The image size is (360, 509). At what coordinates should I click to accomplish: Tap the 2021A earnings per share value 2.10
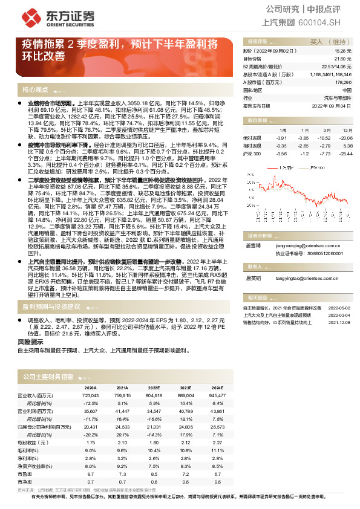coord(122,443)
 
